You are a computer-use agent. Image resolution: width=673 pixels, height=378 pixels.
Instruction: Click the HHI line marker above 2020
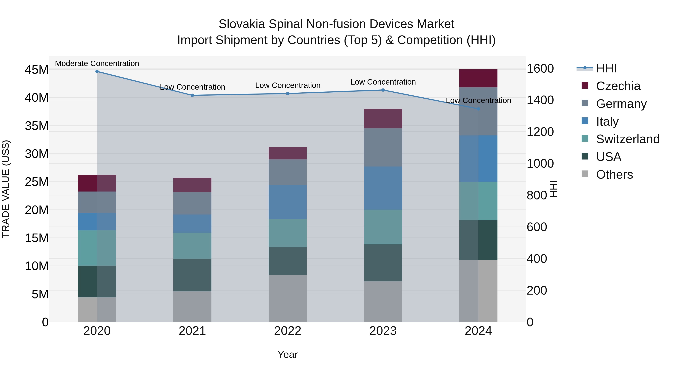pos(97,71)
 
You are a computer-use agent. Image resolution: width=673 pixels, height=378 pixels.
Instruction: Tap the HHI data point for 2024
pos(478,109)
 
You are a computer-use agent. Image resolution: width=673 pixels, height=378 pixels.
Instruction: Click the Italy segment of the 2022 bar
pos(288,202)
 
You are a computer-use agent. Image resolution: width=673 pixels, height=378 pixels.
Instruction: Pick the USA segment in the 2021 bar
pos(192,275)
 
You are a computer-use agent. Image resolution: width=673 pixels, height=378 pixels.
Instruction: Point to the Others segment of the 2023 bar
pos(383,302)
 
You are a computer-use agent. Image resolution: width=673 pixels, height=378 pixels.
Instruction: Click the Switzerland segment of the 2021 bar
pos(192,246)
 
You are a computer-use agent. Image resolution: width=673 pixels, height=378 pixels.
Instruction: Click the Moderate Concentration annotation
pos(97,63)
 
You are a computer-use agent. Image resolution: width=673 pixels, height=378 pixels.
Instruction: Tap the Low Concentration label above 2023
pos(383,82)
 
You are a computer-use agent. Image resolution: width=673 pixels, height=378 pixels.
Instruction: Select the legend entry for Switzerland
pos(628,139)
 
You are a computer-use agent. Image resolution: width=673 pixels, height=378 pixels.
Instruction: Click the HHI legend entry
pos(606,68)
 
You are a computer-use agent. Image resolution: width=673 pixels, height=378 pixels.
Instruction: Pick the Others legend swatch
pos(585,174)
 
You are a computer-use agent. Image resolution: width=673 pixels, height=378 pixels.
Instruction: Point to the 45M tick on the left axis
pos(37,70)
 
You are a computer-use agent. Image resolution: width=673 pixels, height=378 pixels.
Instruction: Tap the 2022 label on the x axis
pos(288,331)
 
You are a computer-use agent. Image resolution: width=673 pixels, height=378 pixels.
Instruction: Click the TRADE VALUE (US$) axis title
pos(6,189)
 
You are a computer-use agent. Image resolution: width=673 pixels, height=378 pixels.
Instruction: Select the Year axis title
pos(288,354)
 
